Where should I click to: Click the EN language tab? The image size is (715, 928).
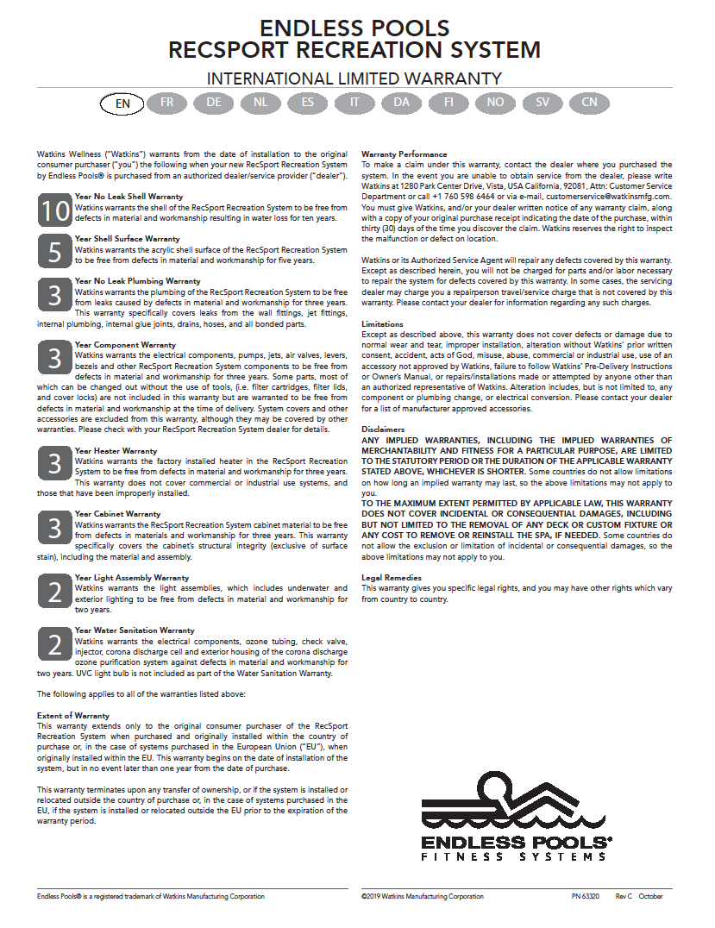[123, 103]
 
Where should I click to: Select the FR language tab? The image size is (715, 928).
[167, 103]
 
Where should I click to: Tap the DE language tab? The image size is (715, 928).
[214, 103]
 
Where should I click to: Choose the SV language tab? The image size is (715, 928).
[543, 103]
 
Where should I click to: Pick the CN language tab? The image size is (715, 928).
[589, 103]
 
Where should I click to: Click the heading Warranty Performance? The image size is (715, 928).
[404, 154]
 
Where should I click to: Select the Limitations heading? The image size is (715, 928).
[382, 324]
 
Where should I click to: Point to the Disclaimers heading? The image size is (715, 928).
[383, 429]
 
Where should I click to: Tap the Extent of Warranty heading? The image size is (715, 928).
[73, 716]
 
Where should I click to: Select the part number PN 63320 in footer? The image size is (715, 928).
[585, 897]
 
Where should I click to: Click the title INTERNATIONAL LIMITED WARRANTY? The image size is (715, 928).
[354, 78]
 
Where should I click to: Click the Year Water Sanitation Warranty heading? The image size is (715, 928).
[135, 630]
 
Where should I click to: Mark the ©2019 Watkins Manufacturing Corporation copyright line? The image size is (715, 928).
[423, 897]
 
